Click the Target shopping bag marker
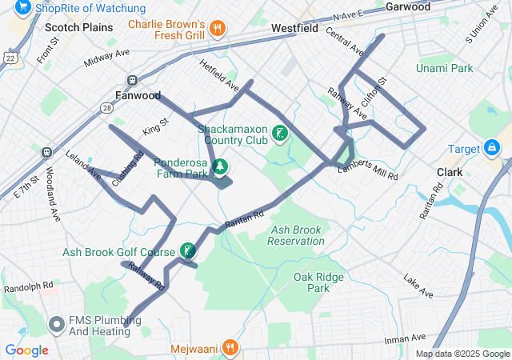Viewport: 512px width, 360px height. pos(491,148)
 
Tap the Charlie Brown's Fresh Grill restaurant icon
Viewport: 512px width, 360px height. pos(217,30)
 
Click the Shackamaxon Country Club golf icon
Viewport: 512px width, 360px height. pos(281,134)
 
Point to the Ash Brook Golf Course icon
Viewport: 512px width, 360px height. pos(187,252)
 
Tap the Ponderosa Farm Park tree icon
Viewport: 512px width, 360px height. pos(220,166)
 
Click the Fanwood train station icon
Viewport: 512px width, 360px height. pos(132,80)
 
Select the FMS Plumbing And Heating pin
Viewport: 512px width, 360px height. pos(57,325)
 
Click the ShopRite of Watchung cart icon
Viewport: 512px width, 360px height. pos(22,7)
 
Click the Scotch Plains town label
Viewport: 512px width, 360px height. pos(79,27)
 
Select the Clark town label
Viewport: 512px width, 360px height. pos(450,172)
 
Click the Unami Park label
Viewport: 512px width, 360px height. pos(444,69)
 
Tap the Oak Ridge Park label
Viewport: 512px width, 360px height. pos(318,282)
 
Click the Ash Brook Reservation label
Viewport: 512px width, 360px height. pos(296,235)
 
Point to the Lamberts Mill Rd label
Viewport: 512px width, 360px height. pos(367,172)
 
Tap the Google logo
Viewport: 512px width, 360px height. pos(26,350)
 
